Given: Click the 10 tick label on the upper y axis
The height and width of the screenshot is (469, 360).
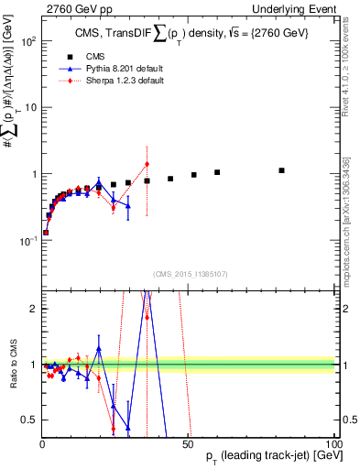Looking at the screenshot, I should tap(29, 107).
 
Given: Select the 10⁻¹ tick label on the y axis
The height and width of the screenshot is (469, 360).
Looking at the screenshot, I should tap(27, 240).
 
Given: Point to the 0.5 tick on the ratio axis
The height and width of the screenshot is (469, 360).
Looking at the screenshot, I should tap(29, 420).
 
